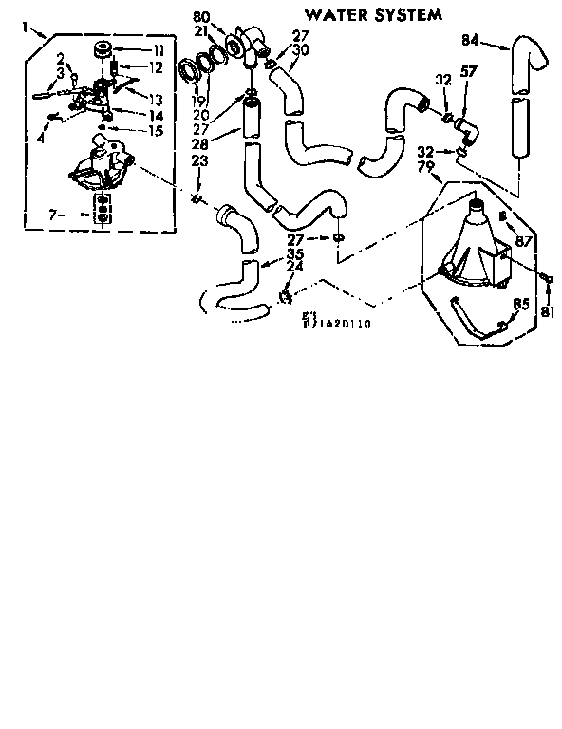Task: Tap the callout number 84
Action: pos(469,40)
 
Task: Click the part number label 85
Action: pos(519,305)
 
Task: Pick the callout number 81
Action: pos(547,313)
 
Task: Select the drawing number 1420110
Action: pos(340,324)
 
